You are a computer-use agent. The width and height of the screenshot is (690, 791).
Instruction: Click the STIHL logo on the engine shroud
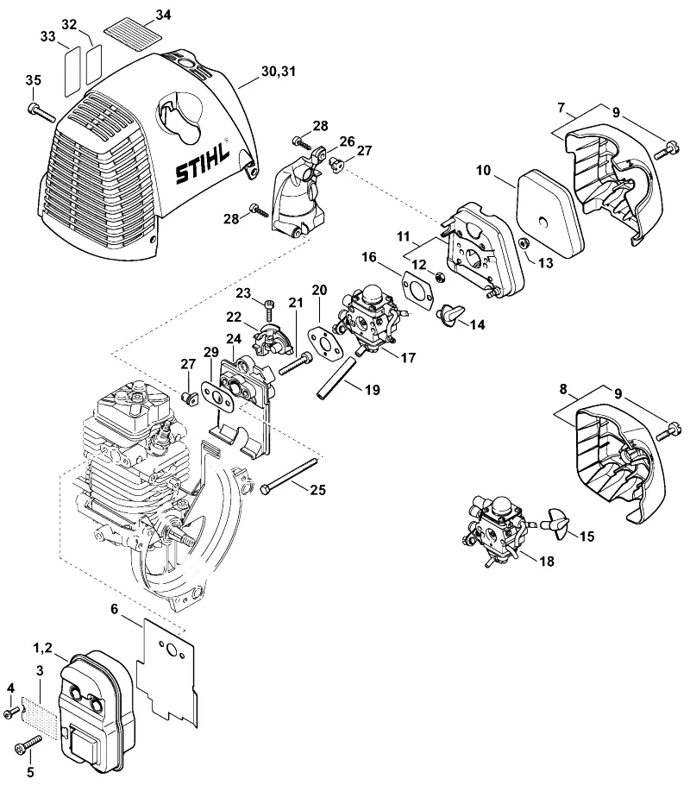203,164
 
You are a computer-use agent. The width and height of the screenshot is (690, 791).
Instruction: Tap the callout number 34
163,16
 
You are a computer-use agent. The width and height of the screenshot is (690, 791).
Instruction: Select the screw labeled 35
41,112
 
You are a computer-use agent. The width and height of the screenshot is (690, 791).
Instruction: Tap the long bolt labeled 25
290,475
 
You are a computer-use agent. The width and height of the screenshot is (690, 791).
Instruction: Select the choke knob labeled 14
450,316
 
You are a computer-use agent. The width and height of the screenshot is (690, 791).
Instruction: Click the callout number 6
115,608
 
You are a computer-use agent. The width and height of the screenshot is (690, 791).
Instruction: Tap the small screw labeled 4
11,713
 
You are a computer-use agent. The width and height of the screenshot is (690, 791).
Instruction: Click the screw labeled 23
270,309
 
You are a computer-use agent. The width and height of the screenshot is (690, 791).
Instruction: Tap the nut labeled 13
524,242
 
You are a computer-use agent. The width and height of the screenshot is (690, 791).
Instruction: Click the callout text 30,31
279,71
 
